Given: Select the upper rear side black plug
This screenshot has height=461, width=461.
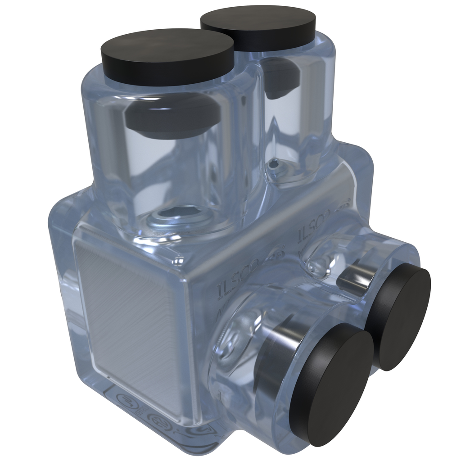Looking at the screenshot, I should click(398, 316).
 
